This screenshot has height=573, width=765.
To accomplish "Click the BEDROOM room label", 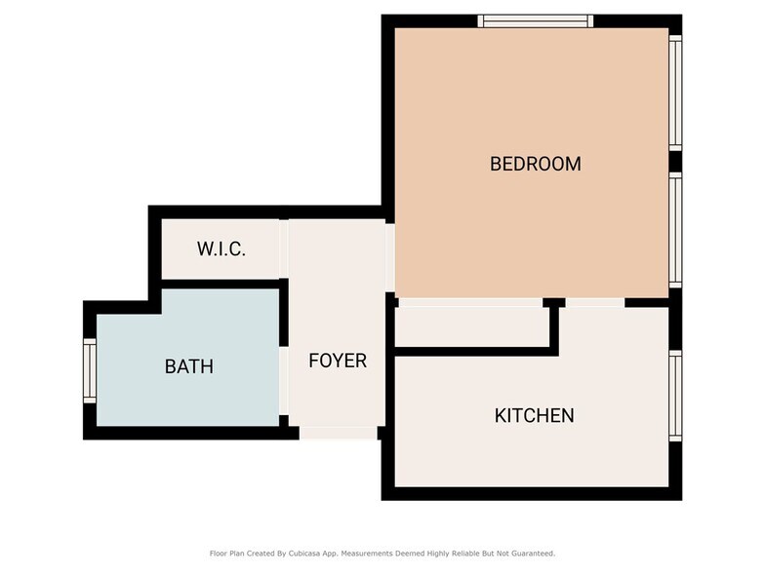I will tap(535, 164).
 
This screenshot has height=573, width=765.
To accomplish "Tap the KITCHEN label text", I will tap(534, 416).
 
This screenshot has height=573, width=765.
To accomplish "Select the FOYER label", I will tap(338, 361).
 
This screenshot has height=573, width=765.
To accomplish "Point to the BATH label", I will tap(188, 367).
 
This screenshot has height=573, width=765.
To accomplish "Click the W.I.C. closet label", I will tap(221, 248).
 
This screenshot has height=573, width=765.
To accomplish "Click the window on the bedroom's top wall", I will tap(535, 20).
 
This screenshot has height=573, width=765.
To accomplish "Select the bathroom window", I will tap(90, 370).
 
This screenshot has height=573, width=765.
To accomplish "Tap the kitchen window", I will tap(674, 396).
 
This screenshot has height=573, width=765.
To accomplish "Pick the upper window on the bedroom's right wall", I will tap(674, 93).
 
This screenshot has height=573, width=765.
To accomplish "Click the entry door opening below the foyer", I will tap(338, 433).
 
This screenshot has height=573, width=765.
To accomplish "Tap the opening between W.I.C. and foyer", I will tap(285, 248).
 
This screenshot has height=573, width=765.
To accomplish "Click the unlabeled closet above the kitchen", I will tap(473, 325).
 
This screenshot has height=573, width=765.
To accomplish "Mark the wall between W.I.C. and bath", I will tap(220, 284).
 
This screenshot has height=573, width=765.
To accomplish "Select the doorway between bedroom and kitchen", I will tap(594, 302).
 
